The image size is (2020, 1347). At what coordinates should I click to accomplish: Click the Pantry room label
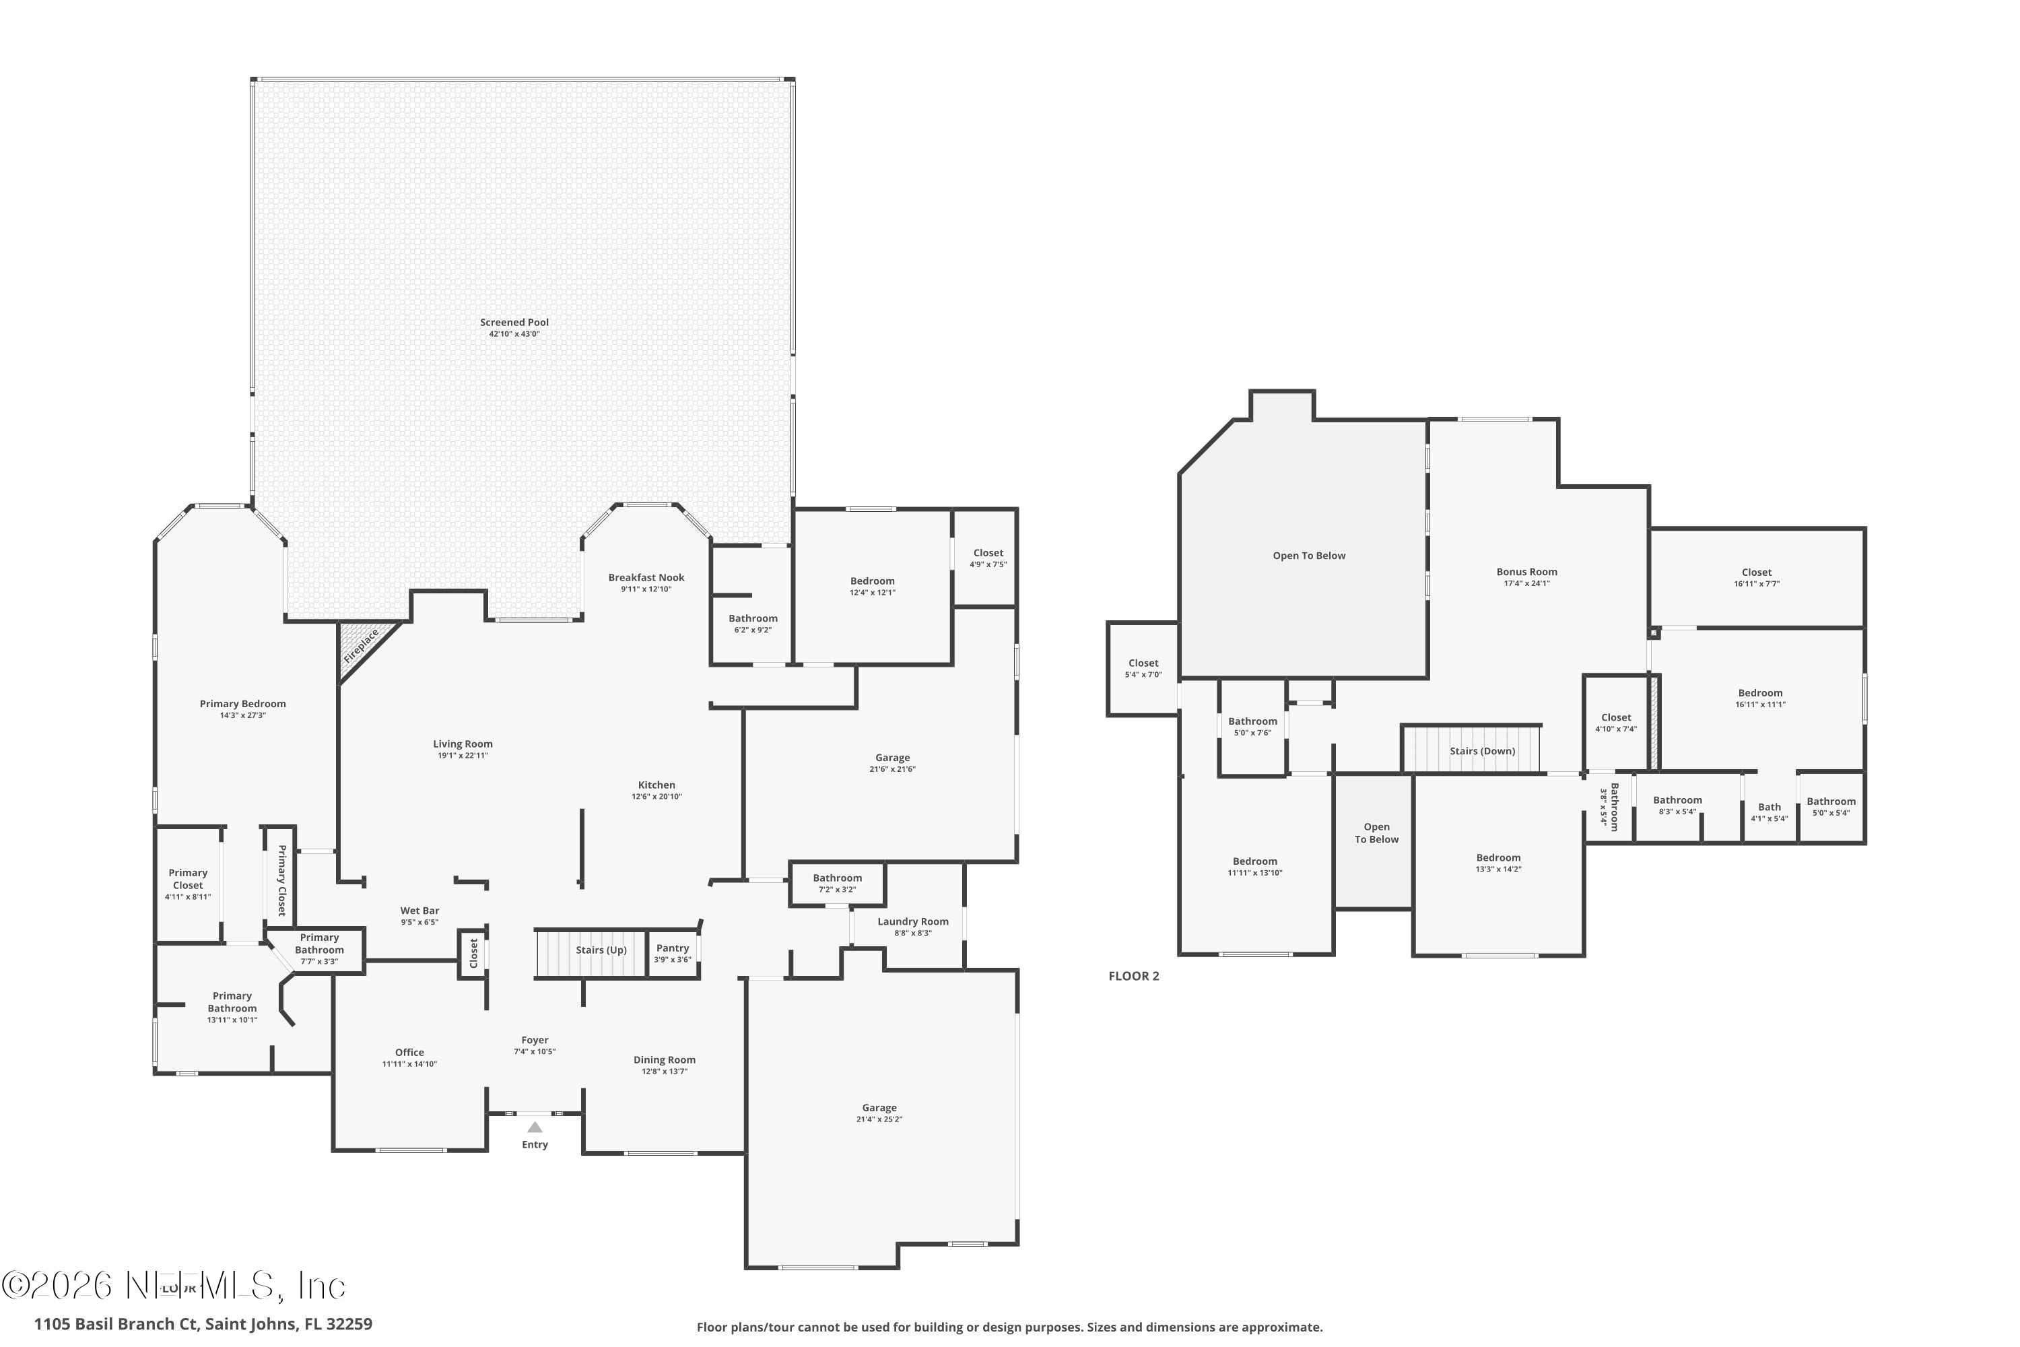coord(673,948)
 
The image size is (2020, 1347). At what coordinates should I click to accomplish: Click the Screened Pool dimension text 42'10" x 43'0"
coord(514,334)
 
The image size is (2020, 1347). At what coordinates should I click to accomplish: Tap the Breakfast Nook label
coord(646,577)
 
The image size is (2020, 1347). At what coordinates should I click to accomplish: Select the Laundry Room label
coord(913,922)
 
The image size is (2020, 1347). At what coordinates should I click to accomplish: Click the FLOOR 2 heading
coord(1134,976)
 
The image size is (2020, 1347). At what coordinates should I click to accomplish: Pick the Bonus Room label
coord(1526,571)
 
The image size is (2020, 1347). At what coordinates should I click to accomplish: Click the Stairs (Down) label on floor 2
coord(1483,751)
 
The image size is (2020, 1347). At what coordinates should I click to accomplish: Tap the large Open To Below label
coord(1309,556)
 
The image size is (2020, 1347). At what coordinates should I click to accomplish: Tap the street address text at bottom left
coord(203,1324)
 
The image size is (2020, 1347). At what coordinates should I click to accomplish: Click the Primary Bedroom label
coord(242,704)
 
